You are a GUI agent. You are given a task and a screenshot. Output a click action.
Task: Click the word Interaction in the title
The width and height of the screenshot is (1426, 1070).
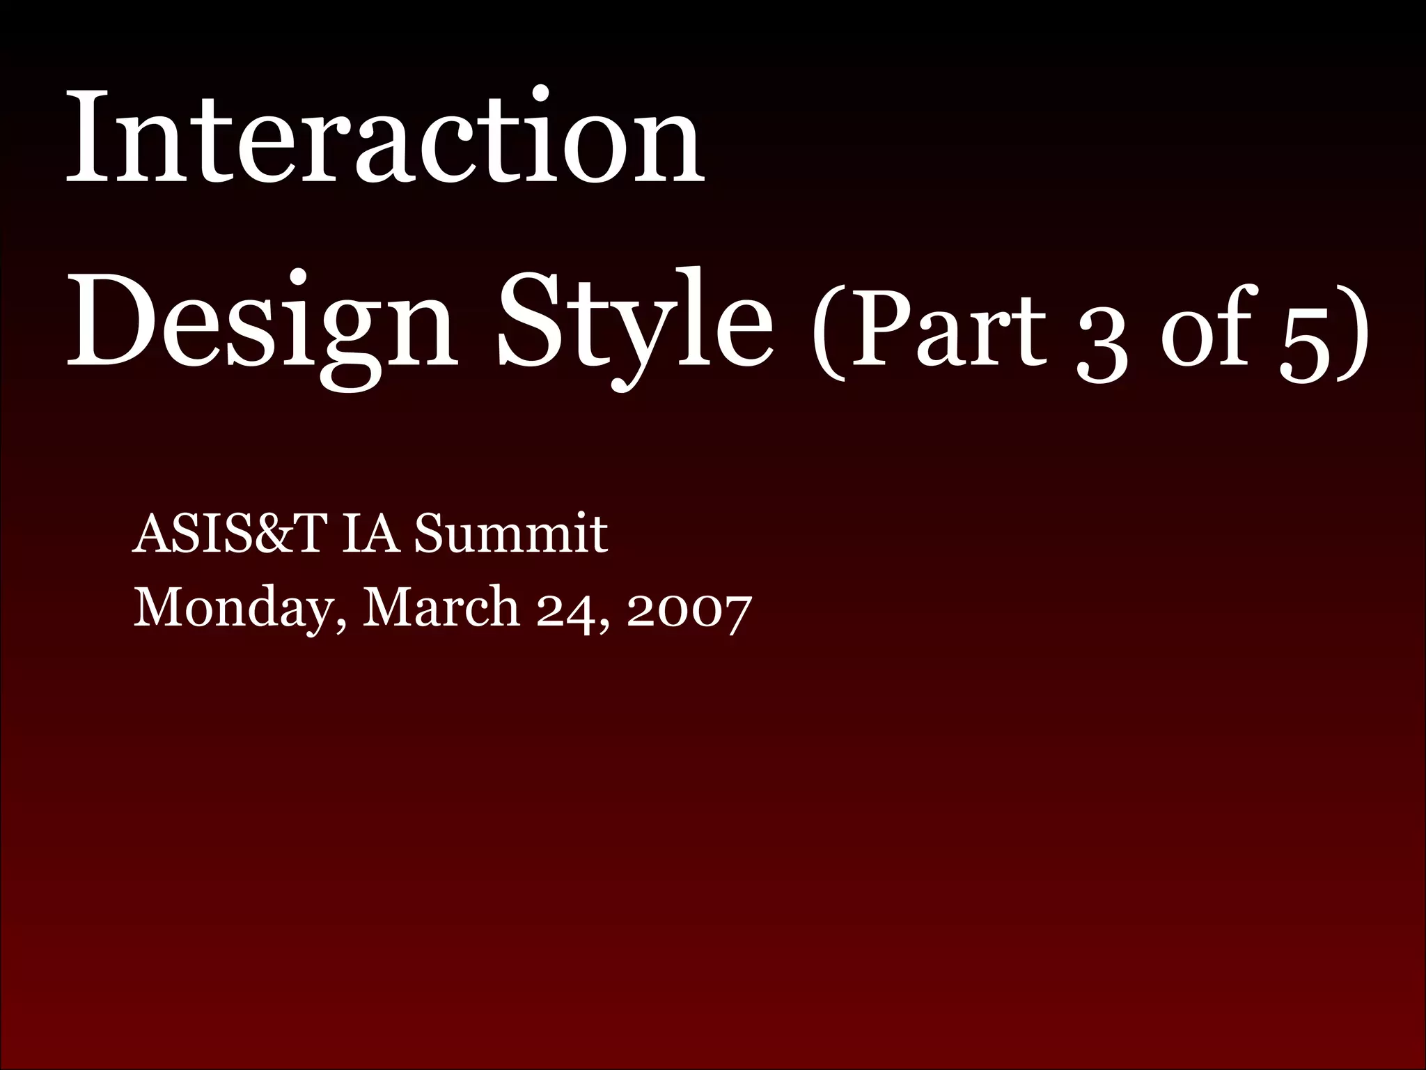click(x=384, y=139)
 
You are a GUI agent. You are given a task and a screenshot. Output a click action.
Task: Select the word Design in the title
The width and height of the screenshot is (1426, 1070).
click(x=261, y=324)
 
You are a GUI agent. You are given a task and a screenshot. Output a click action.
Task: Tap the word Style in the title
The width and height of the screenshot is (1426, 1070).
click(x=634, y=324)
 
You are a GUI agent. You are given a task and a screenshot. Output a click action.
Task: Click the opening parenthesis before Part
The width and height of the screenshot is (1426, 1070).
click(x=829, y=327)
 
